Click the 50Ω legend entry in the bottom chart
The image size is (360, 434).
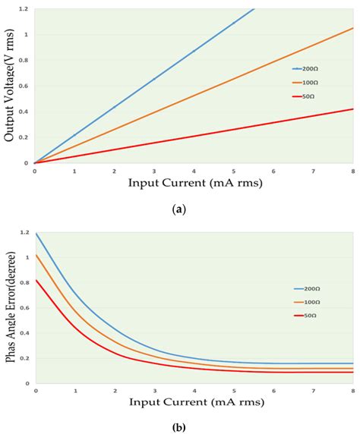(x=307, y=321)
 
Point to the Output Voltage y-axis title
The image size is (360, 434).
(x=9, y=85)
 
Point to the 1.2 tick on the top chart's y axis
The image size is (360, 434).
(x=25, y=9)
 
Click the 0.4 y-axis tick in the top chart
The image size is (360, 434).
(x=25, y=112)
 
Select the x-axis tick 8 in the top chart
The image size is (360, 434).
(x=353, y=171)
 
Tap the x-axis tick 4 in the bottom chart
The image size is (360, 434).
(x=194, y=392)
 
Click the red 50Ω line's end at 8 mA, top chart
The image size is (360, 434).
(x=353, y=109)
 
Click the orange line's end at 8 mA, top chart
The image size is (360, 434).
(x=353, y=28)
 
